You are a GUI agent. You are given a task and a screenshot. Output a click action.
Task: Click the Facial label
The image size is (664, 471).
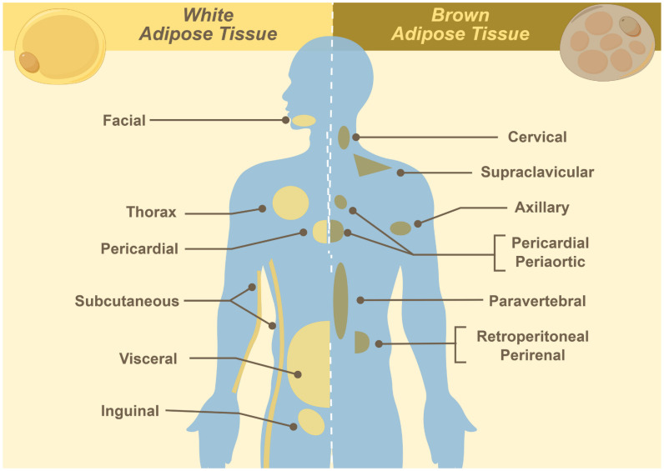pos(123,121)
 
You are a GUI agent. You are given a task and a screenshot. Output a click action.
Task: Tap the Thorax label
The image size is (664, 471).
pos(151,213)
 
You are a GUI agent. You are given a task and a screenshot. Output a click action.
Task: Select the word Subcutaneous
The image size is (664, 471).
pos(126,301)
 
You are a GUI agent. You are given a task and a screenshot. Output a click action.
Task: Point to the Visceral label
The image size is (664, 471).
pos(148,359)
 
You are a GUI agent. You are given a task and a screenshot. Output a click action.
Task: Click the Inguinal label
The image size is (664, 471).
pos(129,411)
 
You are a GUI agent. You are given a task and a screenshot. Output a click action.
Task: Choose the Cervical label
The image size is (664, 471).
pos(537,138)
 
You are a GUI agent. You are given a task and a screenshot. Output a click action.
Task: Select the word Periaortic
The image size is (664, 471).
pos(549,262)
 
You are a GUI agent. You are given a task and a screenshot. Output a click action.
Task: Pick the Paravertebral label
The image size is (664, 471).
pos(538,300)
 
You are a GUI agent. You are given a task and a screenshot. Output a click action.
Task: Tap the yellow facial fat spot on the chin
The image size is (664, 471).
pos(304,121)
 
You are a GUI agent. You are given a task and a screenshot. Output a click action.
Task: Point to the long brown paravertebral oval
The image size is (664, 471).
pos(340,300)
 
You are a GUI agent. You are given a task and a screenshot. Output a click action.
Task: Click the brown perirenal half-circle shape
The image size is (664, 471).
pos(360,342)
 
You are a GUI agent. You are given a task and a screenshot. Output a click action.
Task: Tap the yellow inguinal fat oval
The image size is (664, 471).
pos(311,422)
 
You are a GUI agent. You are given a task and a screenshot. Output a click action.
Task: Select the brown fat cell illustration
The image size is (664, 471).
pos(608,46)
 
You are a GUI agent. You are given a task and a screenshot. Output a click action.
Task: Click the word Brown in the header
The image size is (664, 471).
pos(460,15)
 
